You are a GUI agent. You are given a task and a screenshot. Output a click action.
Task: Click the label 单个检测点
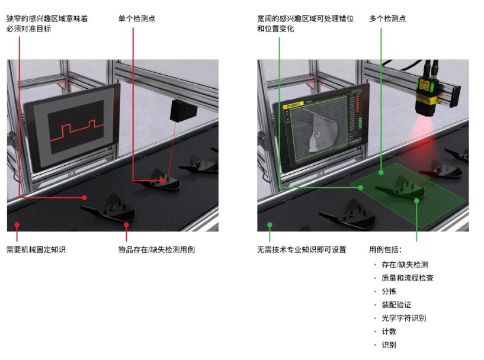point(137,18)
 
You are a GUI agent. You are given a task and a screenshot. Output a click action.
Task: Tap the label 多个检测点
point(387,18)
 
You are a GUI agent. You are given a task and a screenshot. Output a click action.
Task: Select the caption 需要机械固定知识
point(36,249)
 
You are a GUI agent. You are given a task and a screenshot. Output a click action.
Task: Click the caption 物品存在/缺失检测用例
point(156,249)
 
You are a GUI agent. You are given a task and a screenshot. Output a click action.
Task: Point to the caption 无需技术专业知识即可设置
point(302,249)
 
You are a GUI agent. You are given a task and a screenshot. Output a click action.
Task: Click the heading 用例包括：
point(386,249)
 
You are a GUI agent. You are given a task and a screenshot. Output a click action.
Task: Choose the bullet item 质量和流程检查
point(408,278)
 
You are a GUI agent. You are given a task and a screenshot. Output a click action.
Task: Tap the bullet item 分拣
point(389,291)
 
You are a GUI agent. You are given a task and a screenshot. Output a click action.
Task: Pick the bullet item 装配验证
point(396,305)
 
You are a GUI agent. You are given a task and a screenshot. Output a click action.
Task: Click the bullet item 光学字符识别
point(404,318)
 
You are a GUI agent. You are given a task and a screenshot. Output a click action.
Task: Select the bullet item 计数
point(389,332)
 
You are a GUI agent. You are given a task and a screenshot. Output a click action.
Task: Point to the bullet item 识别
point(389,345)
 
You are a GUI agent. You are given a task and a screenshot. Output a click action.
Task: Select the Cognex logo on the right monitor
point(293,105)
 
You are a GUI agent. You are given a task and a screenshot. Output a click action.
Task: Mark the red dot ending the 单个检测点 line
point(162,181)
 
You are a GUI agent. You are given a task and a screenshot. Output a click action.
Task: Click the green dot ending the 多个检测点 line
point(381,173)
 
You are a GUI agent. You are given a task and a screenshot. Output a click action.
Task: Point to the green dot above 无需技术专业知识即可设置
point(270,225)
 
